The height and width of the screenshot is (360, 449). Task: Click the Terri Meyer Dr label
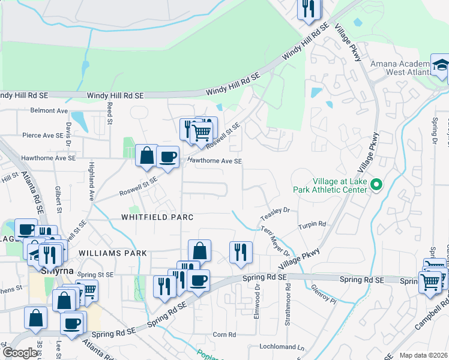click(275, 240)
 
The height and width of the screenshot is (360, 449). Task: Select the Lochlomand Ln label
click(282, 347)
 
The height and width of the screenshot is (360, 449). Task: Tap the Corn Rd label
click(224, 334)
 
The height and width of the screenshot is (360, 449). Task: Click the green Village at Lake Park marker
click(376, 185)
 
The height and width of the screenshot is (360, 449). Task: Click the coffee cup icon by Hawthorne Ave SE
click(167, 157)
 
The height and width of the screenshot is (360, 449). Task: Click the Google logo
click(20, 353)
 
